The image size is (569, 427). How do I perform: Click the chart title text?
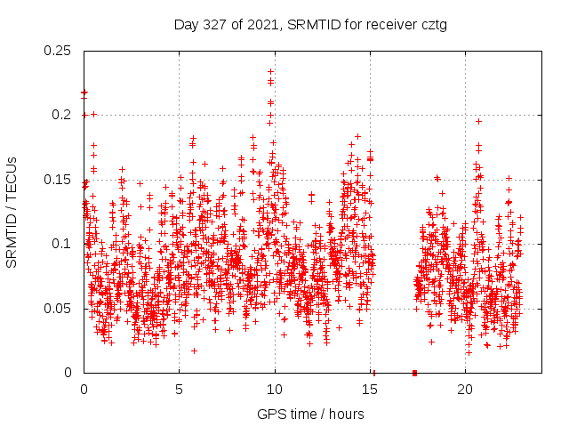310,24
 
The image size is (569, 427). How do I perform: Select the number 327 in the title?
214,24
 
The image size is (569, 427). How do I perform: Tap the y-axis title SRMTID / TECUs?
12,211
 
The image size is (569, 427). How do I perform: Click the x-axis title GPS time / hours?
310,414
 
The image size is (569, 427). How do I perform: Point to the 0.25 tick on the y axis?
59,50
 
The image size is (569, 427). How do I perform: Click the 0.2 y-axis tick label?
63,115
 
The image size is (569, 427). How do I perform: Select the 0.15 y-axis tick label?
59,180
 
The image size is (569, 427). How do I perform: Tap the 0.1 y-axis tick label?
63,244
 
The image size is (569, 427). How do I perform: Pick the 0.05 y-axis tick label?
59,309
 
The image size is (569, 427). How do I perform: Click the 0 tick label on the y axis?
69,373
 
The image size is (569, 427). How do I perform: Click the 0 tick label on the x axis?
84,390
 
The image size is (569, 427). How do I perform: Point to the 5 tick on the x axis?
179,390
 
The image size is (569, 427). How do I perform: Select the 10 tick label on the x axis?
275,390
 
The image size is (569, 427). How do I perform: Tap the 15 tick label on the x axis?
370,390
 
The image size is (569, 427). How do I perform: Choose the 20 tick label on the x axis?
466,390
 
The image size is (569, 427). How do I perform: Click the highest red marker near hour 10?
270,71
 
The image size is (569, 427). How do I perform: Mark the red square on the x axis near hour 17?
415,373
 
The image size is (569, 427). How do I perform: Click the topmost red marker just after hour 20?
478,121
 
